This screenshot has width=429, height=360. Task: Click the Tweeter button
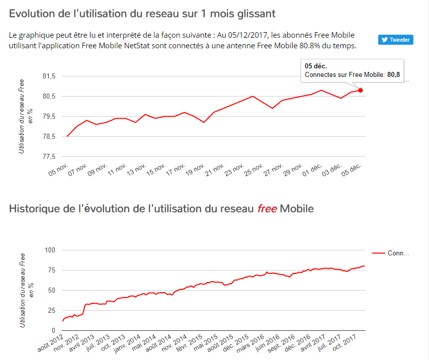[396, 40]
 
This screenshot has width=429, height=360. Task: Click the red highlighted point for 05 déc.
[361, 90]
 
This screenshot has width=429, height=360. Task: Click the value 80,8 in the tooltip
[393, 74]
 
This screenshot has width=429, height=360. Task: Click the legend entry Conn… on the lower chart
[398, 253]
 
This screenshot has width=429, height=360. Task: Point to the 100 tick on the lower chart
[50, 250]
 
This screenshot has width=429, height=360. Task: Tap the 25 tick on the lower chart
[52, 310]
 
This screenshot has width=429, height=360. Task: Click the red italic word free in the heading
[267, 208]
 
